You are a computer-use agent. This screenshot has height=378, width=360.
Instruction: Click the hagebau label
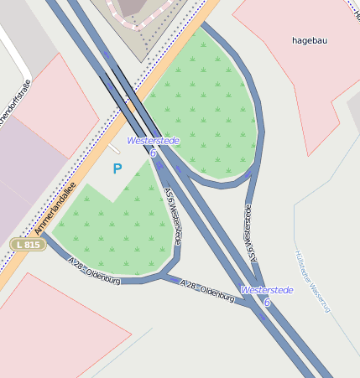click(310, 39)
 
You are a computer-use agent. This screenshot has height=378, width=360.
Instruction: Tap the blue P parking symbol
click(117, 168)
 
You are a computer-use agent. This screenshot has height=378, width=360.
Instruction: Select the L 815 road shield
click(28, 244)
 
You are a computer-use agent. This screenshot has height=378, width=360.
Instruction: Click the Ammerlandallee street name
click(55, 209)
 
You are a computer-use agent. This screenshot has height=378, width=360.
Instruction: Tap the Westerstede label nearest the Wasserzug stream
click(267, 290)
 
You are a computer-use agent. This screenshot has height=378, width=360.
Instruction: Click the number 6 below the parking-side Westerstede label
click(153, 153)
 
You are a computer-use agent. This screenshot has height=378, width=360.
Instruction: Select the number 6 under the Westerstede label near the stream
click(267, 302)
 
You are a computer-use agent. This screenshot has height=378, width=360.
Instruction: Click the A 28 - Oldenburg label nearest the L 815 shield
click(95, 272)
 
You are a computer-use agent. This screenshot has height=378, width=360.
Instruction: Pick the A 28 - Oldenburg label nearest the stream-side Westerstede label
click(208, 292)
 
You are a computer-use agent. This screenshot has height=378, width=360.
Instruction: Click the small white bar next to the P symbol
click(113, 149)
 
